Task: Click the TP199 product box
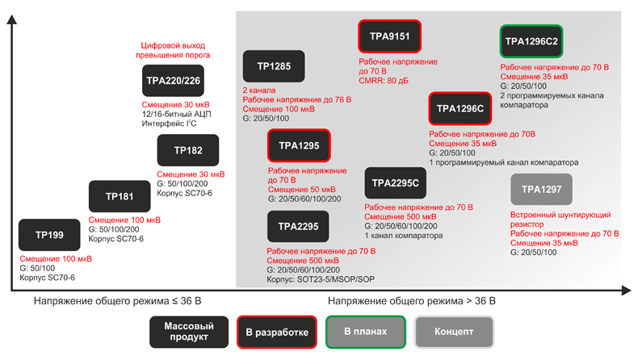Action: pyautogui.click(x=49, y=235)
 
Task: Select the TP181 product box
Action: pyautogui.click(x=119, y=196)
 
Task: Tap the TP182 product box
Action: pyautogui.click(x=188, y=151)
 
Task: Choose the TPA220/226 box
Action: pyautogui.click(x=173, y=82)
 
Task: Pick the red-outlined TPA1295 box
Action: pyautogui.click(x=299, y=146)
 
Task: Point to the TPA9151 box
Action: pyautogui.click(x=390, y=37)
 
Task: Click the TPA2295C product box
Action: pyautogui.click(x=396, y=183)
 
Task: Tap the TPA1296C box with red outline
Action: pyautogui.click(x=460, y=108)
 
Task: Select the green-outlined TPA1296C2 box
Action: pyautogui.click(x=531, y=41)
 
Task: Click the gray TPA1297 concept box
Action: pyautogui.click(x=541, y=190)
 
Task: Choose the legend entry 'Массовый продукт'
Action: pyautogui.click(x=188, y=331)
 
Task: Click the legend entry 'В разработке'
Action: pyautogui.click(x=277, y=332)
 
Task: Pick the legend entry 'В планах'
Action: pyautogui.click(x=365, y=331)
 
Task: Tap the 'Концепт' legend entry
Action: pyautogui.click(x=454, y=332)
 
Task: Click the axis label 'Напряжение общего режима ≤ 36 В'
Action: pyautogui.click(x=117, y=301)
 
